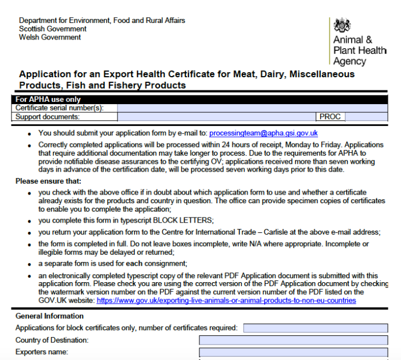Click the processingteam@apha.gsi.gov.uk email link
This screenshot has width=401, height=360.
264,133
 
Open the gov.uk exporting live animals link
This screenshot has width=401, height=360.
226,300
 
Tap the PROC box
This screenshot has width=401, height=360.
330,117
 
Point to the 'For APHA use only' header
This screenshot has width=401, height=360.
48,99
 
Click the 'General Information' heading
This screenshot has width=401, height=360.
49,316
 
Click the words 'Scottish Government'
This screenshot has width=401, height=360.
53,29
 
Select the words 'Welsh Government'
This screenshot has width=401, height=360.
50,37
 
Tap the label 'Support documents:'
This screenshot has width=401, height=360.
48,117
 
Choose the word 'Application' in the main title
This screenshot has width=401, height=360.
45,74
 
